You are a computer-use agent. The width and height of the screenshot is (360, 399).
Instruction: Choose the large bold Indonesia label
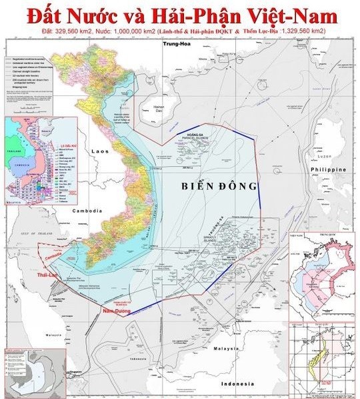(x=237, y=385)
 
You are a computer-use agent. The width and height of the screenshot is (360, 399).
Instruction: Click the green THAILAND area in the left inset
(x=12, y=151)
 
